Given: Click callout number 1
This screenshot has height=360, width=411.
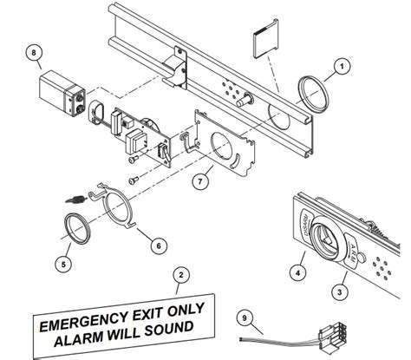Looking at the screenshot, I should pos(342,65).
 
